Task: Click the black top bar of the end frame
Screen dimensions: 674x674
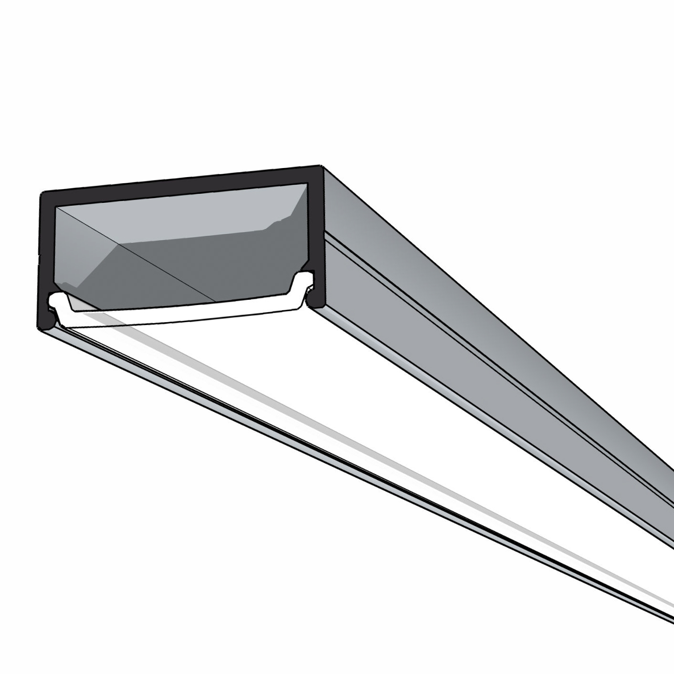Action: click(181, 184)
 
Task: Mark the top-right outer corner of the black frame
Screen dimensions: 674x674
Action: click(321, 168)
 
